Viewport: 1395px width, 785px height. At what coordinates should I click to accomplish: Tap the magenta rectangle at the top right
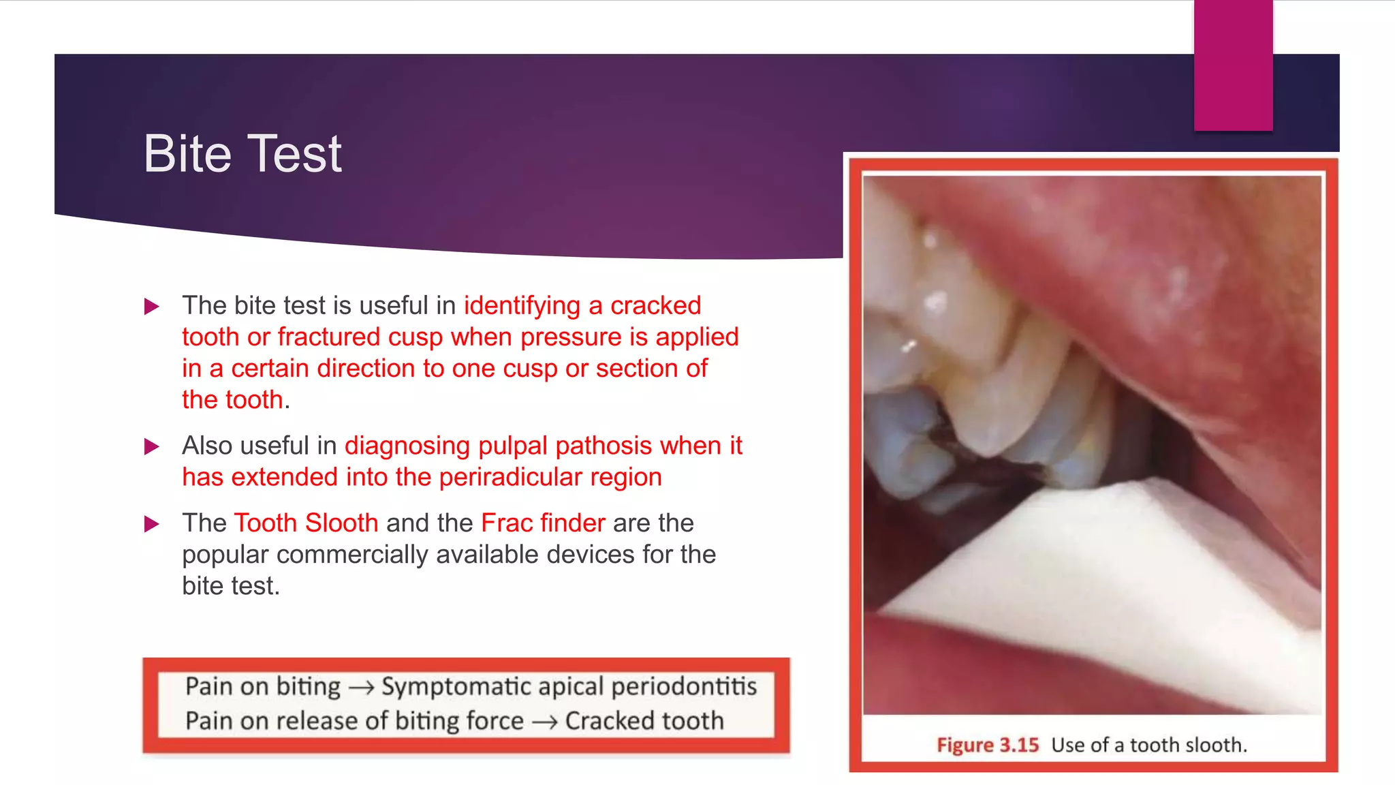pyautogui.click(x=1233, y=65)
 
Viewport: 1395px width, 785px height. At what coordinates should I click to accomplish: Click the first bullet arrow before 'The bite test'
pyautogui.click(x=152, y=307)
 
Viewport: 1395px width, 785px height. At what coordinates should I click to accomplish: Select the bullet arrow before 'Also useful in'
pyautogui.click(x=152, y=447)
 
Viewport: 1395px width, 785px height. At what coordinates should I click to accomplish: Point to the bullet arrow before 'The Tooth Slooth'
pyautogui.click(x=152, y=524)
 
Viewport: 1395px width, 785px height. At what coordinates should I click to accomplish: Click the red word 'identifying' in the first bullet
pyautogui.click(x=522, y=306)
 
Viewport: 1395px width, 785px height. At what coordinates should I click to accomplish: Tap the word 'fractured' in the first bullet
pyautogui.click(x=329, y=337)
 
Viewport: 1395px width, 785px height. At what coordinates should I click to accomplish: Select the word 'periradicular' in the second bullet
pyautogui.click(x=511, y=477)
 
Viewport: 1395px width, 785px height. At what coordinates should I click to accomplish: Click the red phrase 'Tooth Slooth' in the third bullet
pyautogui.click(x=306, y=523)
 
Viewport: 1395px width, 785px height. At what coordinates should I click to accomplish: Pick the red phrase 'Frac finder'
pyautogui.click(x=543, y=523)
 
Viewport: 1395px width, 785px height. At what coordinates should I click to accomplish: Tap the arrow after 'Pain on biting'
pyautogui.click(x=361, y=688)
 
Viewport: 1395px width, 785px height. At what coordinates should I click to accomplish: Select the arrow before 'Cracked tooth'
pyautogui.click(x=544, y=722)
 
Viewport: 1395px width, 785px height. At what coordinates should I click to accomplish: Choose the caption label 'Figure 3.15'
pyautogui.click(x=987, y=745)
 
